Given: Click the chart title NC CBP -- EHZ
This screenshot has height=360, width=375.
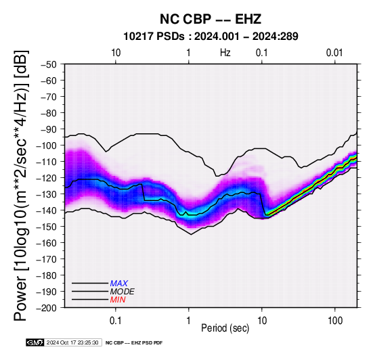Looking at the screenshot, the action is coord(211,19).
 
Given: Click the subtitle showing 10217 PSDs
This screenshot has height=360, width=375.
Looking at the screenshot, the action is coord(211,37).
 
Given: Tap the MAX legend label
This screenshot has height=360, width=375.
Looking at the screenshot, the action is coord(119,284).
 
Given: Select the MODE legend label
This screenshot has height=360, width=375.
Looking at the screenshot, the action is coord(123,292).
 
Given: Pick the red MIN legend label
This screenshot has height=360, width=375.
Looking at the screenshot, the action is coord(118,300).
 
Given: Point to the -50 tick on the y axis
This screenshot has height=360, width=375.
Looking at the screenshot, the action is coord(49,64).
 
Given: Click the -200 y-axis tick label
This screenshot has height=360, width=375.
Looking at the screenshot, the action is coord(47,308).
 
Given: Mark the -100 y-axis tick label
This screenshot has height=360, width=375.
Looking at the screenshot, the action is coord(47,145).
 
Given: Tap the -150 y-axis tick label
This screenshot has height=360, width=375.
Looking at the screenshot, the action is coord(47,227).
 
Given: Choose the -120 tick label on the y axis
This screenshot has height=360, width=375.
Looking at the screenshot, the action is coord(47,178).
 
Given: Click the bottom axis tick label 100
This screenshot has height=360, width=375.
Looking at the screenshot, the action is coord(335,321).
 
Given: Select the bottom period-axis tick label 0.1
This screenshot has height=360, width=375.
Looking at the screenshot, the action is coord(116,321).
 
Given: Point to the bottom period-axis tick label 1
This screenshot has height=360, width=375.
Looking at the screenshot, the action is coord(189,321).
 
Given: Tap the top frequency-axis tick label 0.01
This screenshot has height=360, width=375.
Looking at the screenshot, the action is coord(334,53).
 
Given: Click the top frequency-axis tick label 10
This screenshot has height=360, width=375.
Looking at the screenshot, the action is coord(116,53).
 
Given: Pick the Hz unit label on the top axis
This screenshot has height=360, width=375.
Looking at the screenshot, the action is coord(225,53).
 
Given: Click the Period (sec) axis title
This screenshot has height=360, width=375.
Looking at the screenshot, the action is coord(225,328).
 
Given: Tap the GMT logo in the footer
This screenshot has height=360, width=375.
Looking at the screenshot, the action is coord(35,342).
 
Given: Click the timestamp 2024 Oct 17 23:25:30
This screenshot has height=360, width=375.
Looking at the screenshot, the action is coord(72,342).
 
